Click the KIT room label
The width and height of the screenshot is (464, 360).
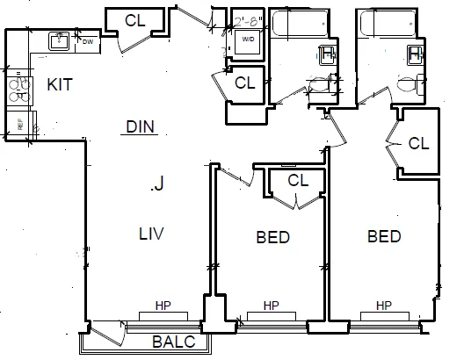[59, 84]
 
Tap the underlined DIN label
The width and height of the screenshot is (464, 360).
[140, 127]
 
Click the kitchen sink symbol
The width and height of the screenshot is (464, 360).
[60, 40]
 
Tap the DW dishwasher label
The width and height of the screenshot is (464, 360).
[87, 40]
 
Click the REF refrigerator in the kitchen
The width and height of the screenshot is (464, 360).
[18, 124]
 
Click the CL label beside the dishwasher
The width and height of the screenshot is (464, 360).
[134, 19]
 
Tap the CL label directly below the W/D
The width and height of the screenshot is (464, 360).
[245, 83]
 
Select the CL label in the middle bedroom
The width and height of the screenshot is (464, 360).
[298, 181]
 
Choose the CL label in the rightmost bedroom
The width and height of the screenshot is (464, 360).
[418, 143]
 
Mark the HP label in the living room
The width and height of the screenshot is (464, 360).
[163, 306]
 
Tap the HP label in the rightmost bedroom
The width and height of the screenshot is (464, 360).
[383, 306]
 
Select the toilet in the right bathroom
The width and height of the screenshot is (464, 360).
[408, 86]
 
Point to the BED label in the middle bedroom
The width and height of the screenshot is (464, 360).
[272, 237]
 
